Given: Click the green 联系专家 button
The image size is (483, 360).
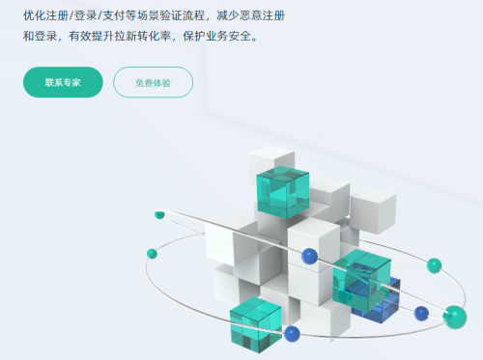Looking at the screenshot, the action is point(63,82).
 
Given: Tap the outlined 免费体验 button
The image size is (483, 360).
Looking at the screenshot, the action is point(153,83).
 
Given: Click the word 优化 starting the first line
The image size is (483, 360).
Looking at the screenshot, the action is point(36,16).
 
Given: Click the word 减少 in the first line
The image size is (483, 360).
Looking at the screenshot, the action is point(246,16).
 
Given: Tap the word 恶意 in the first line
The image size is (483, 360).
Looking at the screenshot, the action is point(272,16).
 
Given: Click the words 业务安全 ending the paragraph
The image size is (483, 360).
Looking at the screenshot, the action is point(236,39).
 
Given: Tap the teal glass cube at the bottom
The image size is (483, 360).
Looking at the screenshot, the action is point(255,325).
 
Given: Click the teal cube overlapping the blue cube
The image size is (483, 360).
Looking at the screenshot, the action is point(359,275).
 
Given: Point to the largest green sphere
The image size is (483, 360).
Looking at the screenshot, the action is point(454,316).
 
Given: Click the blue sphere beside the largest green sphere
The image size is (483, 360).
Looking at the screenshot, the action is point(421,313).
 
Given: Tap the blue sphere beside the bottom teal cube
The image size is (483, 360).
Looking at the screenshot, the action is point(292,333).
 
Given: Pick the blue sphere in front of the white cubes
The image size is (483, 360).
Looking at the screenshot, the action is point(309,256).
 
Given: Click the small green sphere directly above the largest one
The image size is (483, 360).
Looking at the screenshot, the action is point(435,264).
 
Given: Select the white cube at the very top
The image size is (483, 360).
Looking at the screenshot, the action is point(271,158).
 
